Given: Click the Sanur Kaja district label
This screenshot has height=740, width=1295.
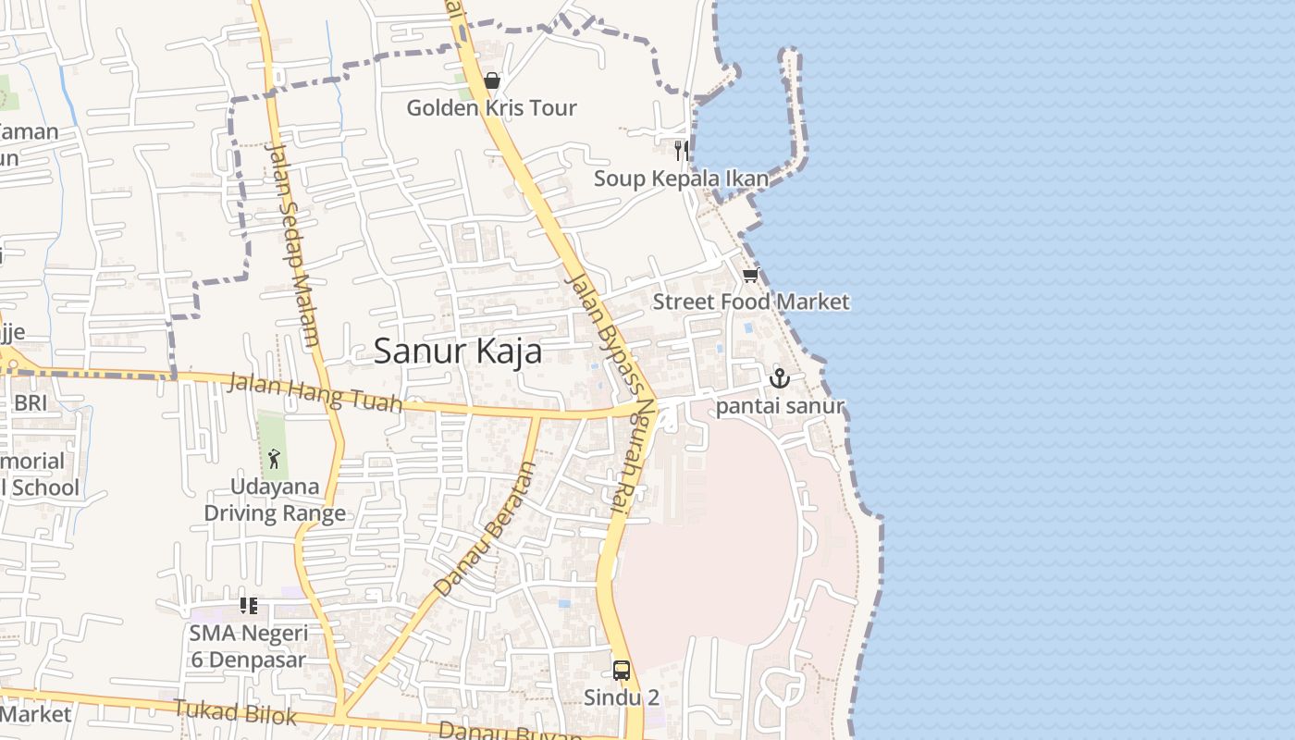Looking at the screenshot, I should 457,352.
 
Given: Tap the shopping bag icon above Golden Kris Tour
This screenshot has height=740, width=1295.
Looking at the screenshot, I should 492,81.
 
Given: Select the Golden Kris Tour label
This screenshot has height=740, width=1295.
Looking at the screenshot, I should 492,108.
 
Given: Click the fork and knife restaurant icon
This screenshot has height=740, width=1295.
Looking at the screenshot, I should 681,151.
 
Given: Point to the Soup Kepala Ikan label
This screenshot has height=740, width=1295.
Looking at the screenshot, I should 681,179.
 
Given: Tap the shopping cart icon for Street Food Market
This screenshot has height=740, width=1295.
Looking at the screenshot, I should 750,276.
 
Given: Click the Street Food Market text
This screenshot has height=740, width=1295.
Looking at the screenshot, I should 750,302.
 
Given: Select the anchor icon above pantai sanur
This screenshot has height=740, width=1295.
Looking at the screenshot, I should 780,377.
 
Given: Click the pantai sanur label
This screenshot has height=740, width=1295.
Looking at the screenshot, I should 780,406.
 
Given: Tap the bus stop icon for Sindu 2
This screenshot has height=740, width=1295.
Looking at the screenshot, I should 622,671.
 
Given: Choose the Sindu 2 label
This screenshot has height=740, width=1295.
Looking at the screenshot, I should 622,697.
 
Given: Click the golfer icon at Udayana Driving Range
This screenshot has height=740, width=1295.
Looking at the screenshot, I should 274,458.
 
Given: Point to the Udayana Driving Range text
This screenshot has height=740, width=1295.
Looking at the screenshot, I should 275,499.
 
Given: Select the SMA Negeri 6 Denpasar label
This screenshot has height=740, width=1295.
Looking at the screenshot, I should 248,646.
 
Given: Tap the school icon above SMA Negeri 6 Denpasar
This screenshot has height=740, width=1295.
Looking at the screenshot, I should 248,606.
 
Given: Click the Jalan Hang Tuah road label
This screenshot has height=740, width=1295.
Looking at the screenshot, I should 314,391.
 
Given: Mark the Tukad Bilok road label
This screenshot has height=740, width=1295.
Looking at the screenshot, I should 235,712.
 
